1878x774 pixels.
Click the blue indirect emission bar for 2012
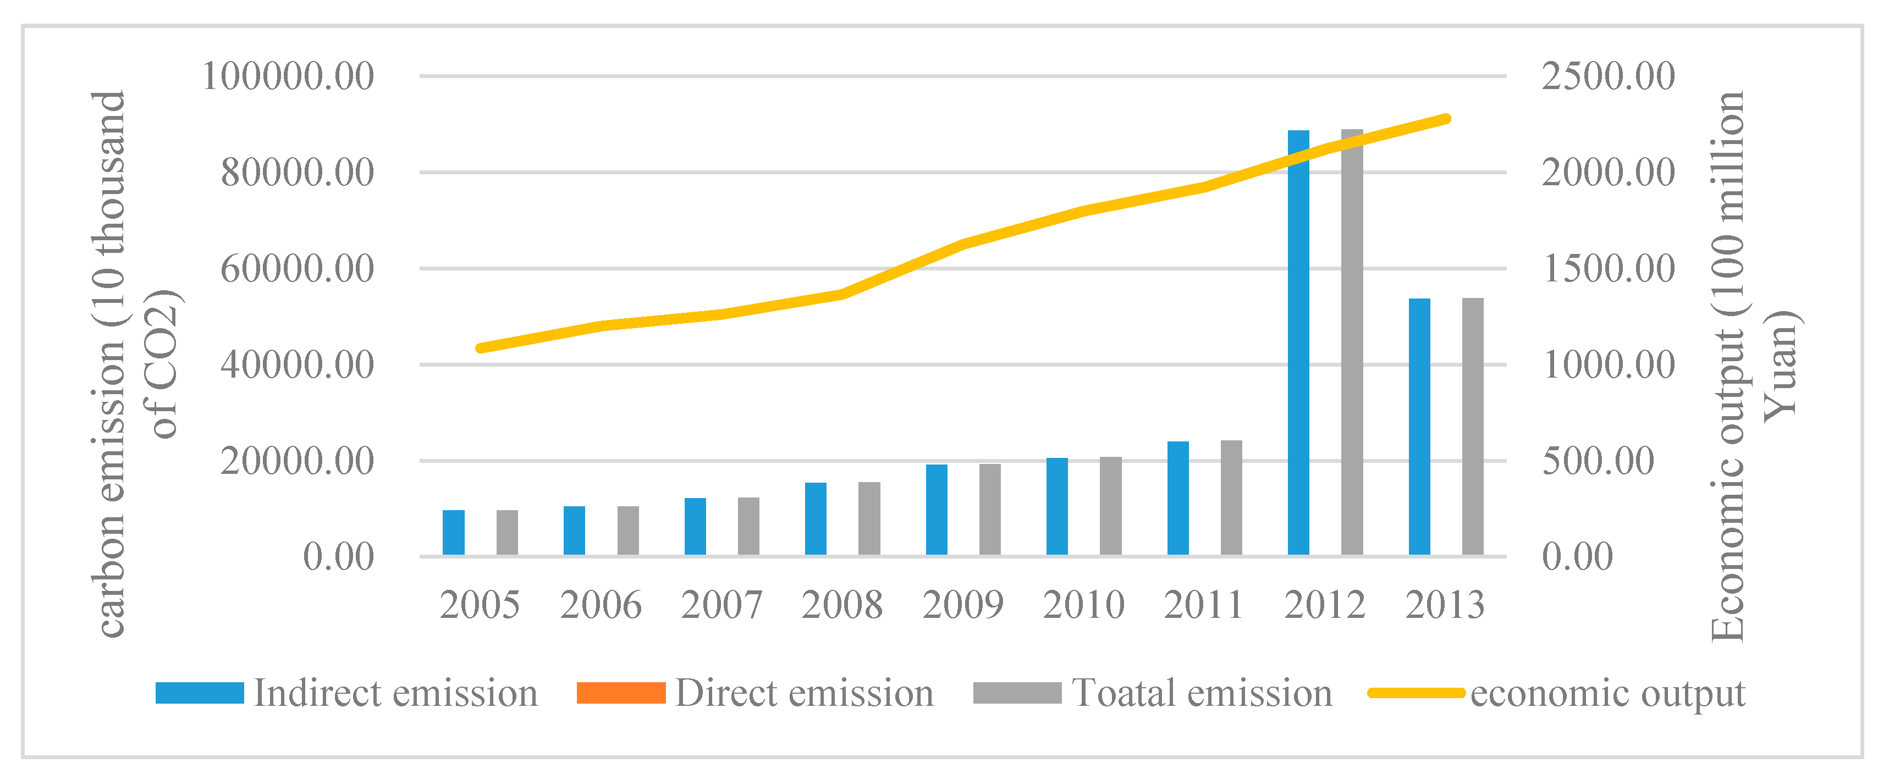point(1298,342)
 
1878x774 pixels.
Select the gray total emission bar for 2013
point(1473,427)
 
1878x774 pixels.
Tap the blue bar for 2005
point(454,533)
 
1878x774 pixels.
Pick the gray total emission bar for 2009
point(990,510)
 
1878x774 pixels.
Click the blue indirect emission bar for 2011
point(1178,499)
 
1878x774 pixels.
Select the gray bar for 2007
point(748,526)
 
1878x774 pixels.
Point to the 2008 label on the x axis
point(842,605)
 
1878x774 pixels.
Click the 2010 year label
point(1083,605)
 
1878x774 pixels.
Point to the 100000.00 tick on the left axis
point(288,76)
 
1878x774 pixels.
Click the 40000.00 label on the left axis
point(298,364)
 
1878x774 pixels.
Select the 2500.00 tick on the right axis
point(1608,76)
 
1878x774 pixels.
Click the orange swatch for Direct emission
point(620,693)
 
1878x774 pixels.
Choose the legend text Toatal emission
point(1202,693)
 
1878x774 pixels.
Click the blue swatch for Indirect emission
point(200,693)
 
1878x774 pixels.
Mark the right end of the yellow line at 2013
point(1446,119)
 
